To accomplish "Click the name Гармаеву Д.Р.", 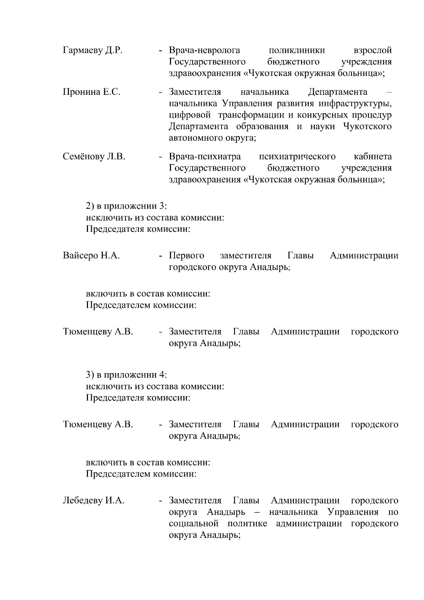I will pyautogui.click(x=93, y=51).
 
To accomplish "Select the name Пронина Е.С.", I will pyautogui.click(x=92, y=92).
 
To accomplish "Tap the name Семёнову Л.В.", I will pyautogui.click(x=94, y=157).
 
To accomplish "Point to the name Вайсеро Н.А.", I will pyautogui.click(x=91, y=255).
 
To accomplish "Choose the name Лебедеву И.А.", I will pyautogui.click(x=94, y=500).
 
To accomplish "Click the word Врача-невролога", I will pyautogui.click(x=205, y=51).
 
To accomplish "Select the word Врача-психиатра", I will pyautogui.click(x=205, y=157).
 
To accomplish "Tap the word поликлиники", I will pyautogui.click(x=297, y=51).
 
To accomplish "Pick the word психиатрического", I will pyautogui.click(x=297, y=157).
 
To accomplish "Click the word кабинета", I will pyautogui.click(x=372, y=157).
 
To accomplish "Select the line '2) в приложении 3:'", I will pyautogui.click(x=126, y=206).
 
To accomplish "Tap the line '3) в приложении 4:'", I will pyautogui.click(x=126, y=375).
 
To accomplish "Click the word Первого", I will pyautogui.click(x=187, y=255).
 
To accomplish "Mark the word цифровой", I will pyautogui.click(x=190, y=115).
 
